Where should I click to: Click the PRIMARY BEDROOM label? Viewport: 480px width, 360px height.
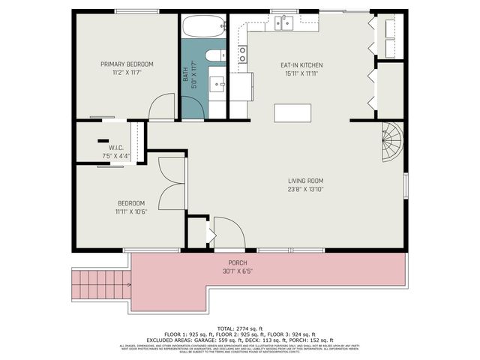127,64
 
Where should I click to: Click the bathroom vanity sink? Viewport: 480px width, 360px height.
219,83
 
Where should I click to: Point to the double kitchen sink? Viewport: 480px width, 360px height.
283,23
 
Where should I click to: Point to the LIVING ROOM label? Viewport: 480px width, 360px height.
305,181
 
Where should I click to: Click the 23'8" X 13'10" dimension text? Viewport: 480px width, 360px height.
305,190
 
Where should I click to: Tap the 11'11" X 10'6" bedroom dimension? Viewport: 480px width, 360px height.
130,212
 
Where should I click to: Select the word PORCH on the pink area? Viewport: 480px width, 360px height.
237,262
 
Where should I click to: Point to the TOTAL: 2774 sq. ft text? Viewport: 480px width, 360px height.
239,328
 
